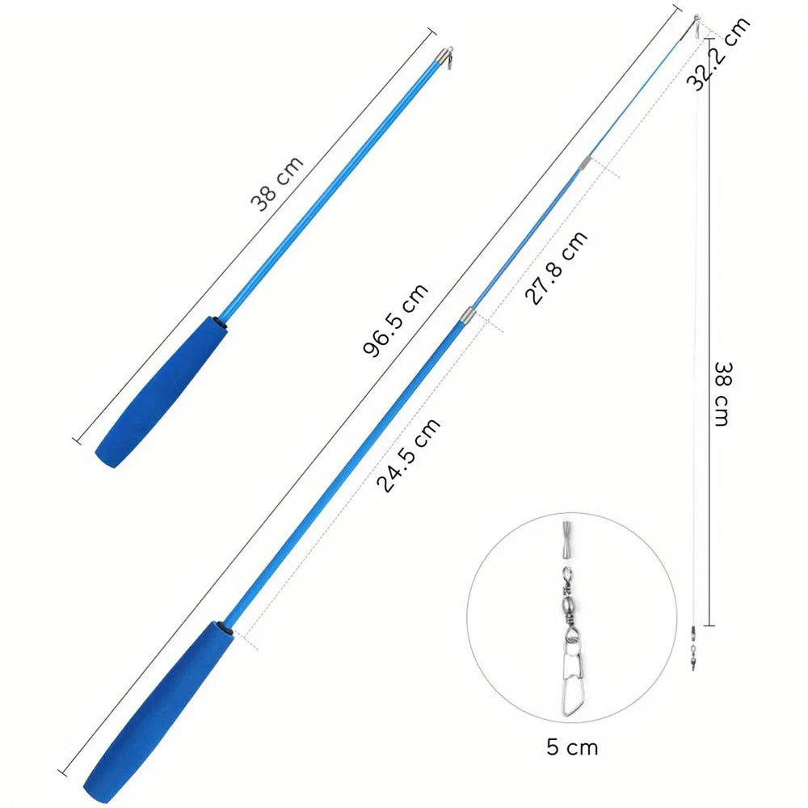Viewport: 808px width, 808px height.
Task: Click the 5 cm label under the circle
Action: point(572,747)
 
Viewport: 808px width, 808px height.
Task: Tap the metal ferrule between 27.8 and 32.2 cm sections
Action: point(581,164)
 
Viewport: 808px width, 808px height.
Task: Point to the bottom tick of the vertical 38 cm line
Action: point(708,625)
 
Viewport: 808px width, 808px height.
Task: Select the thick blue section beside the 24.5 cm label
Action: point(347,469)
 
